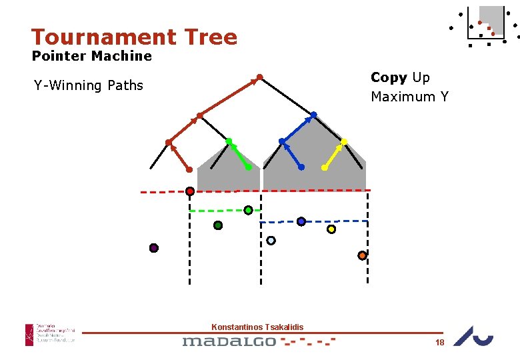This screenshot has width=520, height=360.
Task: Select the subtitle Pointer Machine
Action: (x=92, y=56)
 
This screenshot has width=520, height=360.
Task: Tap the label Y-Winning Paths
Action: (x=89, y=85)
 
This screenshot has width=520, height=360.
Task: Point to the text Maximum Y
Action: (x=409, y=97)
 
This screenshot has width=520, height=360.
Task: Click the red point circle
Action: (x=190, y=191)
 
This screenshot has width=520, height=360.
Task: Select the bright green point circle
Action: (x=248, y=210)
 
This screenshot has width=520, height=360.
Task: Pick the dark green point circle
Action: (x=218, y=225)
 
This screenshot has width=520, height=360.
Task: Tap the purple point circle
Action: (x=154, y=248)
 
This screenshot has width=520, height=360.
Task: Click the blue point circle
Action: (x=301, y=221)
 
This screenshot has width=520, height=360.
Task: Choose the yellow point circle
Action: (x=331, y=229)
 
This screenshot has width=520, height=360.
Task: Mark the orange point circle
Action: (x=362, y=255)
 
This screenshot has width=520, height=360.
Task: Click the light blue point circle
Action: (x=271, y=241)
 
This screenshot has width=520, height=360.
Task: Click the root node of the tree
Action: (x=260, y=77)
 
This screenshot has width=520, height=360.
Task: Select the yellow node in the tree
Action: (x=344, y=141)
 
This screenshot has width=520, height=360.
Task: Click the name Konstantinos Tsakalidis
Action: (x=257, y=327)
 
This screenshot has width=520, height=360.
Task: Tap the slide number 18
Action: (x=439, y=342)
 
